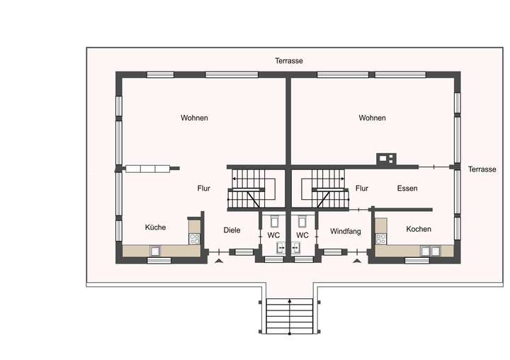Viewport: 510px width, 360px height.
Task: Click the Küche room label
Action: [155, 227]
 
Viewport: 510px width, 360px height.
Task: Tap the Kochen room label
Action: [419, 229]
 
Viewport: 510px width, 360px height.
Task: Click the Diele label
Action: [232, 230]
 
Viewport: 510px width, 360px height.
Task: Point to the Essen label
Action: [407, 189]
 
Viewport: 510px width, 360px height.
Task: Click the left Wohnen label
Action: [194, 118]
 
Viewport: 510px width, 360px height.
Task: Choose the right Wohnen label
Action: [372, 118]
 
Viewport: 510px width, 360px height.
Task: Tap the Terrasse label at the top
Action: [289, 61]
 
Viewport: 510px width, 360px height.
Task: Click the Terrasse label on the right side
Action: [482, 169]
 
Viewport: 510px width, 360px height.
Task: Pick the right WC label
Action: [302, 235]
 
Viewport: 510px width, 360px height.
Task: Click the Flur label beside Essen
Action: [362, 189]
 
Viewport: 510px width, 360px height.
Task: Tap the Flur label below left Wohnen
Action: [205, 189]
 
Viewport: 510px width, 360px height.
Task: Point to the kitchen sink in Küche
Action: [155, 250]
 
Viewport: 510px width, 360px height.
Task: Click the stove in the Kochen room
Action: [381, 236]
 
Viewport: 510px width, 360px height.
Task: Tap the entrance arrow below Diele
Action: [218, 261]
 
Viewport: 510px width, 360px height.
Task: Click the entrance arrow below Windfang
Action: [356, 261]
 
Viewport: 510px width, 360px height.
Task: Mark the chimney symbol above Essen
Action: [386, 158]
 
